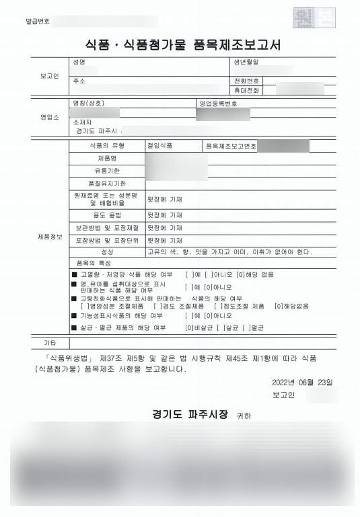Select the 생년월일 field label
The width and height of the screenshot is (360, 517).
coord(246,63)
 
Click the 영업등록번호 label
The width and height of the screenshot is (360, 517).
coord(218,104)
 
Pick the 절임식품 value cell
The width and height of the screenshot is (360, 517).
coord(160,145)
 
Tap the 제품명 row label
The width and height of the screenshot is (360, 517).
coord(108,158)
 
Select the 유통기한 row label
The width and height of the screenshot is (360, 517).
coord(108,171)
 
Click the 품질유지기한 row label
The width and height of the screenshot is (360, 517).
coord(108,184)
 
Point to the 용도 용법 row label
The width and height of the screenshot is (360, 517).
coord(108,214)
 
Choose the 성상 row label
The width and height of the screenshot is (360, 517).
coord(108,252)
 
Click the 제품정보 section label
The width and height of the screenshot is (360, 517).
coord(50,237)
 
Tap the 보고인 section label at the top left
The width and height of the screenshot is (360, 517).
coord(50,76)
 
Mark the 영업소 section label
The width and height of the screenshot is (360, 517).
coord(50,117)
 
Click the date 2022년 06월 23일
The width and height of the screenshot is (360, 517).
coord(302,382)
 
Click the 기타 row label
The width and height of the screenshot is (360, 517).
coord(50,343)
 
